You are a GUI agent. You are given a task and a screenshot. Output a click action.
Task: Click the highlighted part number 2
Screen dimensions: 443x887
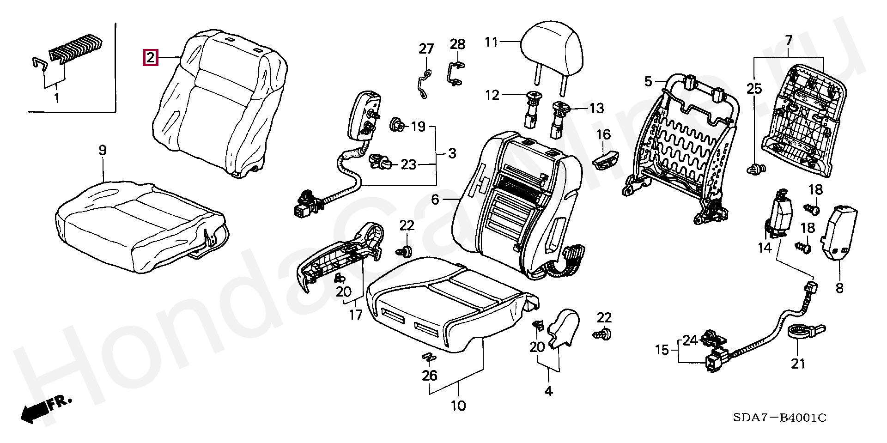[x=151, y=58]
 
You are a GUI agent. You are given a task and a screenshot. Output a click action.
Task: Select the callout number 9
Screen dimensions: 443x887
[x=103, y=150]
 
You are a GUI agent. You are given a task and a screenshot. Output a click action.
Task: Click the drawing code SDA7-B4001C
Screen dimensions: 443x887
[x=779, y=418]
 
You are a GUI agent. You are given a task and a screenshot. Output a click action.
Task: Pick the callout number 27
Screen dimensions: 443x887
[x=426, y=49]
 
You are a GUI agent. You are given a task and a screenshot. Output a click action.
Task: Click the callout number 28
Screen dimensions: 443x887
[x=457, y=44]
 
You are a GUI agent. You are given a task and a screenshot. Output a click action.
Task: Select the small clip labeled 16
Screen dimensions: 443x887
[x=605, y=160]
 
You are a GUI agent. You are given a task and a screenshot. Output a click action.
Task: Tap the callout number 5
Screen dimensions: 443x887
[x=648, y=82]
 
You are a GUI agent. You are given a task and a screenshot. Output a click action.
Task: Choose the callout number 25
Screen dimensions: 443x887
[x=754, y=88]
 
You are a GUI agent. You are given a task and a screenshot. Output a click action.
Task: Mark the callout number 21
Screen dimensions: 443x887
[x=798, y=364]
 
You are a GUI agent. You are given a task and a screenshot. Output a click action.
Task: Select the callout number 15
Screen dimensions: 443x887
[x=662, y=350]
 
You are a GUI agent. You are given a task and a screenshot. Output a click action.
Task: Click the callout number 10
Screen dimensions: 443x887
[x=458, y=406]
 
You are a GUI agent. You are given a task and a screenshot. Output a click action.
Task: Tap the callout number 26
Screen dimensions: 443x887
[x=429, y=376]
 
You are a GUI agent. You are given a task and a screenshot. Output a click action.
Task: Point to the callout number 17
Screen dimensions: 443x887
[x=355, y=315]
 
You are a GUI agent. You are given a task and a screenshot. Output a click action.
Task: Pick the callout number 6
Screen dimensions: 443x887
[x=435, y=200]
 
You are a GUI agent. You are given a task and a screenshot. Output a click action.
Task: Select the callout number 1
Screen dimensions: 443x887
[x=56, y=98]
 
